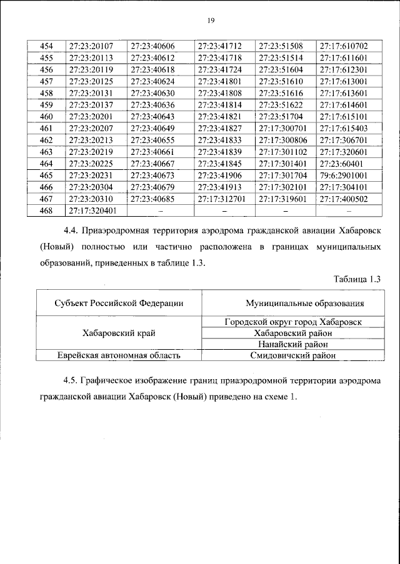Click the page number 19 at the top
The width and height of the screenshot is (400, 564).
coord(211,21)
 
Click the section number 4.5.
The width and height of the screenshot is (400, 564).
coord(71,380)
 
